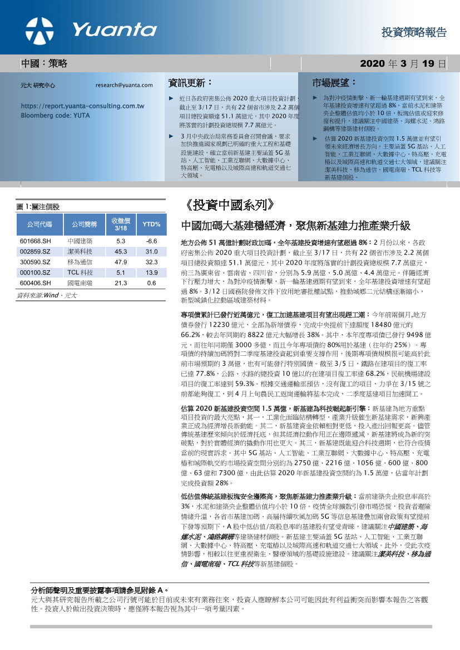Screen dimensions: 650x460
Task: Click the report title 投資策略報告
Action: tap(414, 32)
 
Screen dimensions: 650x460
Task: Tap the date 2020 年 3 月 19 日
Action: tap(403, 64)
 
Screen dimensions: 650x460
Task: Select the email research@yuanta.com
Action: tap(124, 85)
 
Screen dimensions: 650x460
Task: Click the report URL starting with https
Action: tap(82, 106)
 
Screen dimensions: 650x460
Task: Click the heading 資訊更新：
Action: tap(190, 83)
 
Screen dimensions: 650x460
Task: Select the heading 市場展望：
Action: tap(334, 83)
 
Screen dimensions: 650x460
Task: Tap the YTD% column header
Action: tap(151, 225)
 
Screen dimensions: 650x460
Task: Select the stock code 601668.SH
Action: tap(35, 241)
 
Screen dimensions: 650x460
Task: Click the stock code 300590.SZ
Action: tap(35, 262)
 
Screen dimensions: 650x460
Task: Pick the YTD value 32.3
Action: tap(151, 262)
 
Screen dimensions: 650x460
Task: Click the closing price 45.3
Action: tap(121, 252)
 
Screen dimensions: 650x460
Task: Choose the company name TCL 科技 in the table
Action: tap(80, 272)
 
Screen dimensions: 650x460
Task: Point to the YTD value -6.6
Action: tap(151, 241)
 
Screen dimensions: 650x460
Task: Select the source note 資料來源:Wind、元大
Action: tap(47, 295)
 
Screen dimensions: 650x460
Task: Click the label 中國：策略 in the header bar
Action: tap(44, 64)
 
